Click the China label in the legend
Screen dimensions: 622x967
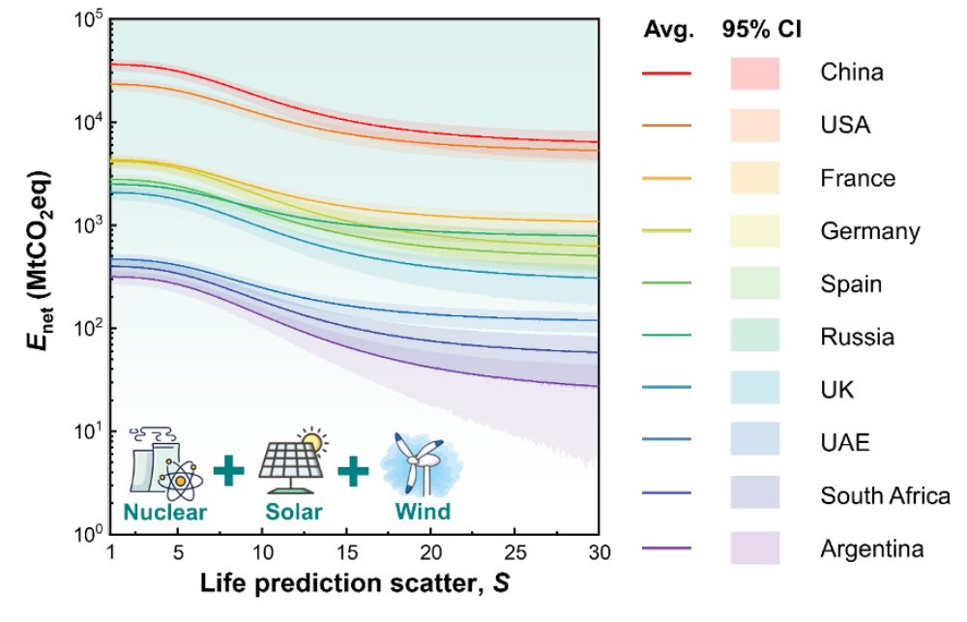point(851,73)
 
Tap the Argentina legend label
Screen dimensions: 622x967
point(872,549)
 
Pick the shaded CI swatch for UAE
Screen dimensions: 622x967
point(754,443)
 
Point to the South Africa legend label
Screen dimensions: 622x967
point(885,496)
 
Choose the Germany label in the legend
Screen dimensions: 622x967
point(869,231)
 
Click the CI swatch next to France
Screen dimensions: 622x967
point(754,179)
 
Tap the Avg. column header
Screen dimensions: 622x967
point(668,30)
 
